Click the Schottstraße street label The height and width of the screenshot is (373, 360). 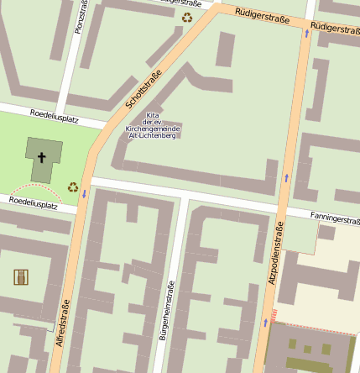click(x=143, y=92)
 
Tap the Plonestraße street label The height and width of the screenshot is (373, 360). click(x=81, y=16)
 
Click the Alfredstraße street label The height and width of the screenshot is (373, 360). click(x=61, y=331)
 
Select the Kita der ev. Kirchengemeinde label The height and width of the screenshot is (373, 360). click(x=151, y=125)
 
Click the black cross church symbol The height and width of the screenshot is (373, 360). click(x=42, y=157)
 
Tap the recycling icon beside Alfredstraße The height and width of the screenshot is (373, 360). click(x=73, y=187)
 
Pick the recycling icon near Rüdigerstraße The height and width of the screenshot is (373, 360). click(x=187, y=16)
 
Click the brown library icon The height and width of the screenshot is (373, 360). click(x=21, y=276)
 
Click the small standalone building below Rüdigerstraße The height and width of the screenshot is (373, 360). click(x=225, y=50)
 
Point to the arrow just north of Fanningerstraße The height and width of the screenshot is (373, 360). click(x=285, y=177)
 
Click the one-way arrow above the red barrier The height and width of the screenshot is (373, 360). click(x=266, y=323)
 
